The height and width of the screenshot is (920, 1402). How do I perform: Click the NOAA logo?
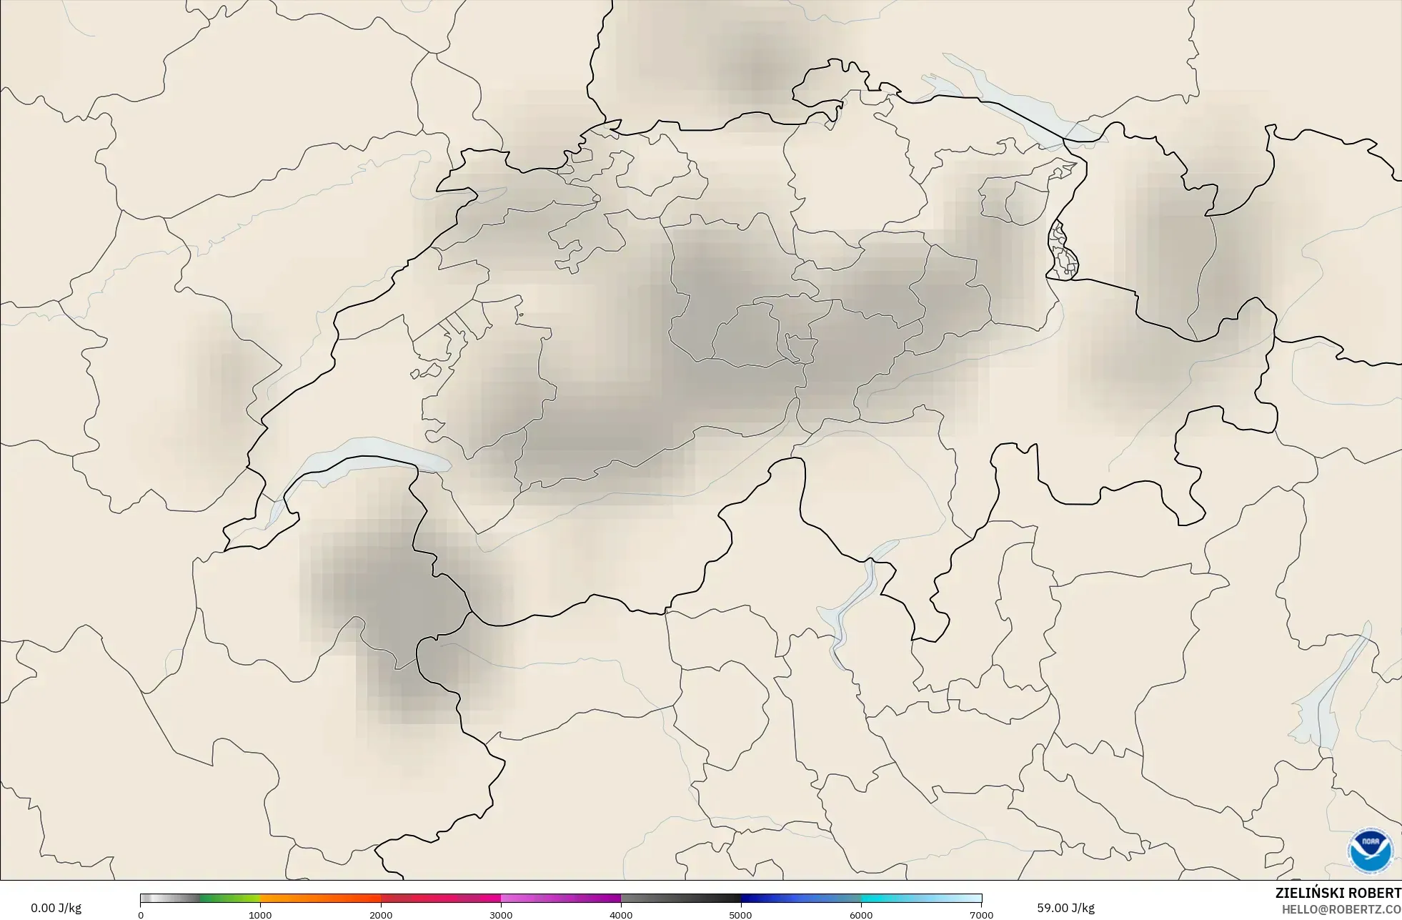pos(1370,850)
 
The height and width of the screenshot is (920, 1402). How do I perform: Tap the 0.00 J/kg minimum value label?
pos(56,908)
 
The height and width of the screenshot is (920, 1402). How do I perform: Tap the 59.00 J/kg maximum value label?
pos(1065,908)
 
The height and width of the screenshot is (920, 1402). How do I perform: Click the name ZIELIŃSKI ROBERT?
pos(1338,893)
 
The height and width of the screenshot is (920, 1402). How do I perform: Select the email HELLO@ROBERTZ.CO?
pos(1341,909)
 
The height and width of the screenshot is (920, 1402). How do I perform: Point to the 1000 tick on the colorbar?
pos(260,915)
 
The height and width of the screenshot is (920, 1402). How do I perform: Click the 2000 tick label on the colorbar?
pos(381,915)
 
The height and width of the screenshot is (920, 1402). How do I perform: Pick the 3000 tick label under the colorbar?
pos(501,915)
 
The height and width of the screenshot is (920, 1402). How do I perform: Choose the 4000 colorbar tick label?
pos(621,915)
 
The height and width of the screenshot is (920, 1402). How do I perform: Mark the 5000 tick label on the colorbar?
pos(741,915)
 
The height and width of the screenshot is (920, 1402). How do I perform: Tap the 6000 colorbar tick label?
pos(861,915)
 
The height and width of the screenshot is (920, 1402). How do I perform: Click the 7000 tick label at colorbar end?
pos(981,915)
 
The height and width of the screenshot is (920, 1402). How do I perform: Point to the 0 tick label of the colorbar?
pos(141,915)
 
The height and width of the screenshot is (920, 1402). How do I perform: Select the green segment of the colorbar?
pos(229,899)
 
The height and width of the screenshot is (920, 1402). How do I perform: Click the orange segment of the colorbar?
pos(314,899)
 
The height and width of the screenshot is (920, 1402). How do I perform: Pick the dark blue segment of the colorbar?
pos(772,899)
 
